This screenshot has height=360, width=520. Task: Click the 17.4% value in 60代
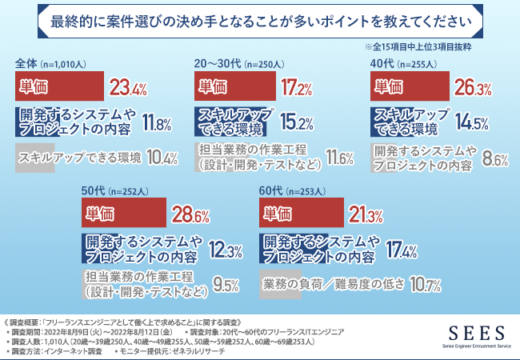pos(399,250)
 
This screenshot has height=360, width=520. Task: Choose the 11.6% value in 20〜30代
pos(339,159)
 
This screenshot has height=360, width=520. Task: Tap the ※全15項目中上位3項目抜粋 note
pos(439,47)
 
